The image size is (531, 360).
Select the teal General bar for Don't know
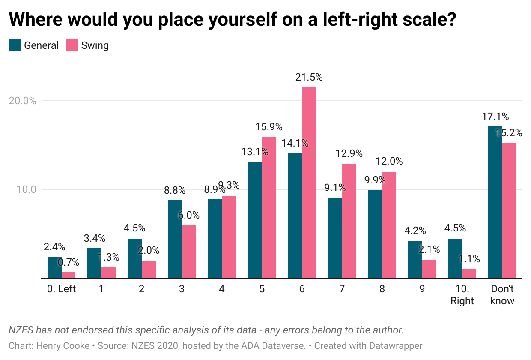[x=495, y=202]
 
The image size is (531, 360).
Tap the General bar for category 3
[x=175, y=239]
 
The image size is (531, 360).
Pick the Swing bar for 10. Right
[x=469, y=273]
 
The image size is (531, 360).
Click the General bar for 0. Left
[x=54, y=267]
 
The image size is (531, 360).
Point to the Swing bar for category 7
[x=349, y=221]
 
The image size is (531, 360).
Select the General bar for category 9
[x=415, y=260]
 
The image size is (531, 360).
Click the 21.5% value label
[x=309, y=78]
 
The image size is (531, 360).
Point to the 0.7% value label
[x=69, y=262]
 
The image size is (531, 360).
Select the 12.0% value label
[x=389, y=162]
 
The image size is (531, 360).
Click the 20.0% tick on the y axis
[x=22, y=101]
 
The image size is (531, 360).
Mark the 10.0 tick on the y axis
[x=26, y=189]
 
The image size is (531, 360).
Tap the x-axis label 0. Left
[x=61, y=289]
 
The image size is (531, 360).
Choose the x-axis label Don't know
[x=502, y=295]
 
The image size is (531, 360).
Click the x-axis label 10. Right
[x=462, y=295]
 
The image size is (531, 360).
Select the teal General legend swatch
[x=15, y=45]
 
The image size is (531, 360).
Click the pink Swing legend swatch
[x=72, y=45]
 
